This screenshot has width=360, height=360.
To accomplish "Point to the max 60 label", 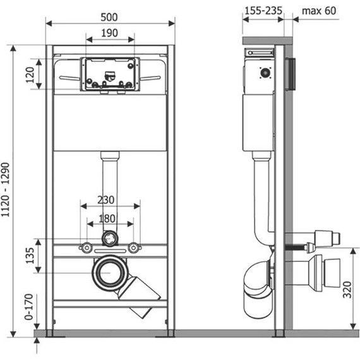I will point(319,11).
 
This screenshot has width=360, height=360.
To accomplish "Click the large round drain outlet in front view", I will point(109,273).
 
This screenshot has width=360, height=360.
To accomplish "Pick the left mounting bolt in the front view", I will point(84,248).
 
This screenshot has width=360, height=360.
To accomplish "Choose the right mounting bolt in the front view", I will point(134,248).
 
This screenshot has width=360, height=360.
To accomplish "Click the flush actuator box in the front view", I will point(109,73).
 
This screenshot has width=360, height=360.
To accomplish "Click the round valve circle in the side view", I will point(265,73).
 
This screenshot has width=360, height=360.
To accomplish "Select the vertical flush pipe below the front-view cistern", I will point(109,189).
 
